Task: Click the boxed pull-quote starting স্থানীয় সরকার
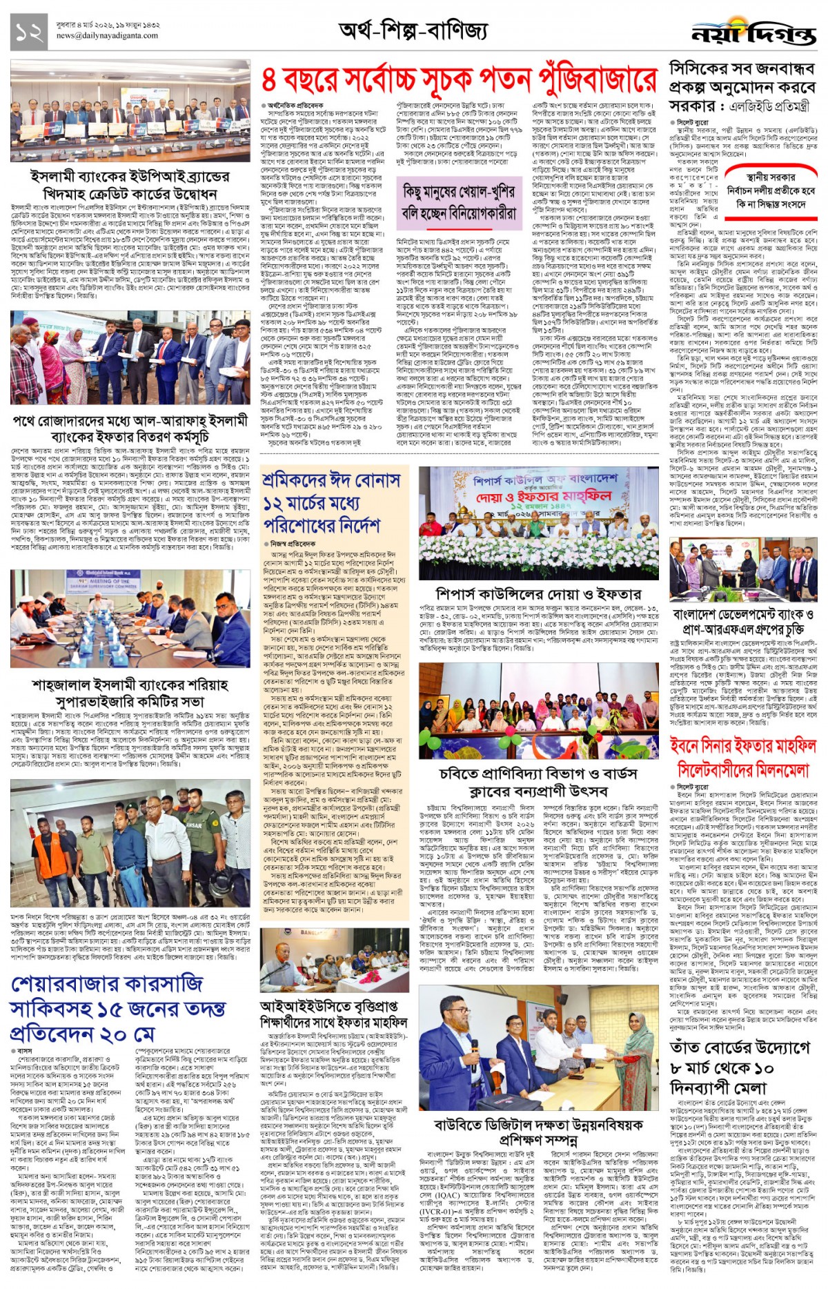click(x=770, y=190)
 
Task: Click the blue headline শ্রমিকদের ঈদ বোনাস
click(x=331, y=480)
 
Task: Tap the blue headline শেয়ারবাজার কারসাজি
click(x=106, y=983)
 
